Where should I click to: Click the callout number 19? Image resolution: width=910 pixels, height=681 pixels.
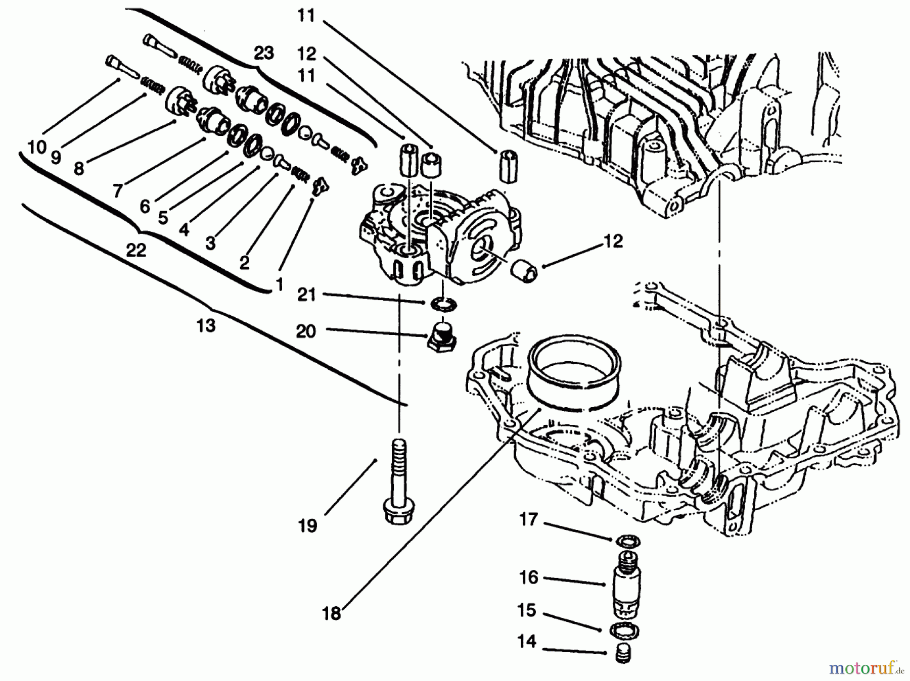point(307,526)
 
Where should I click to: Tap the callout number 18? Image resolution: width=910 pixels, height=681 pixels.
point(332,614)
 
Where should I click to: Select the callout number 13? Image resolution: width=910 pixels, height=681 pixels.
point(206,326)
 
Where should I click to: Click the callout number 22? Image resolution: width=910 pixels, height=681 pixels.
point(135,250)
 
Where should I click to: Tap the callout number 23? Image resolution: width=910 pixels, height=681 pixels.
point(263,53)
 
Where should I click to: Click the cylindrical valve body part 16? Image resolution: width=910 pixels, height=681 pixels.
point(625,586)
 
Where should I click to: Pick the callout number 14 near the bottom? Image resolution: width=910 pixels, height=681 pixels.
point(526,642)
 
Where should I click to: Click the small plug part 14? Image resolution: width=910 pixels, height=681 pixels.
point(624,655)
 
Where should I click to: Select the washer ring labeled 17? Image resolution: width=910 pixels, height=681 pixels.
point(627,542)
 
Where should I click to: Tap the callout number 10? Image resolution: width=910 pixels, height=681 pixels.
point(36,147)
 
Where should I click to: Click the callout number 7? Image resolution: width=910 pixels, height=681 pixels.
point(117,191)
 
